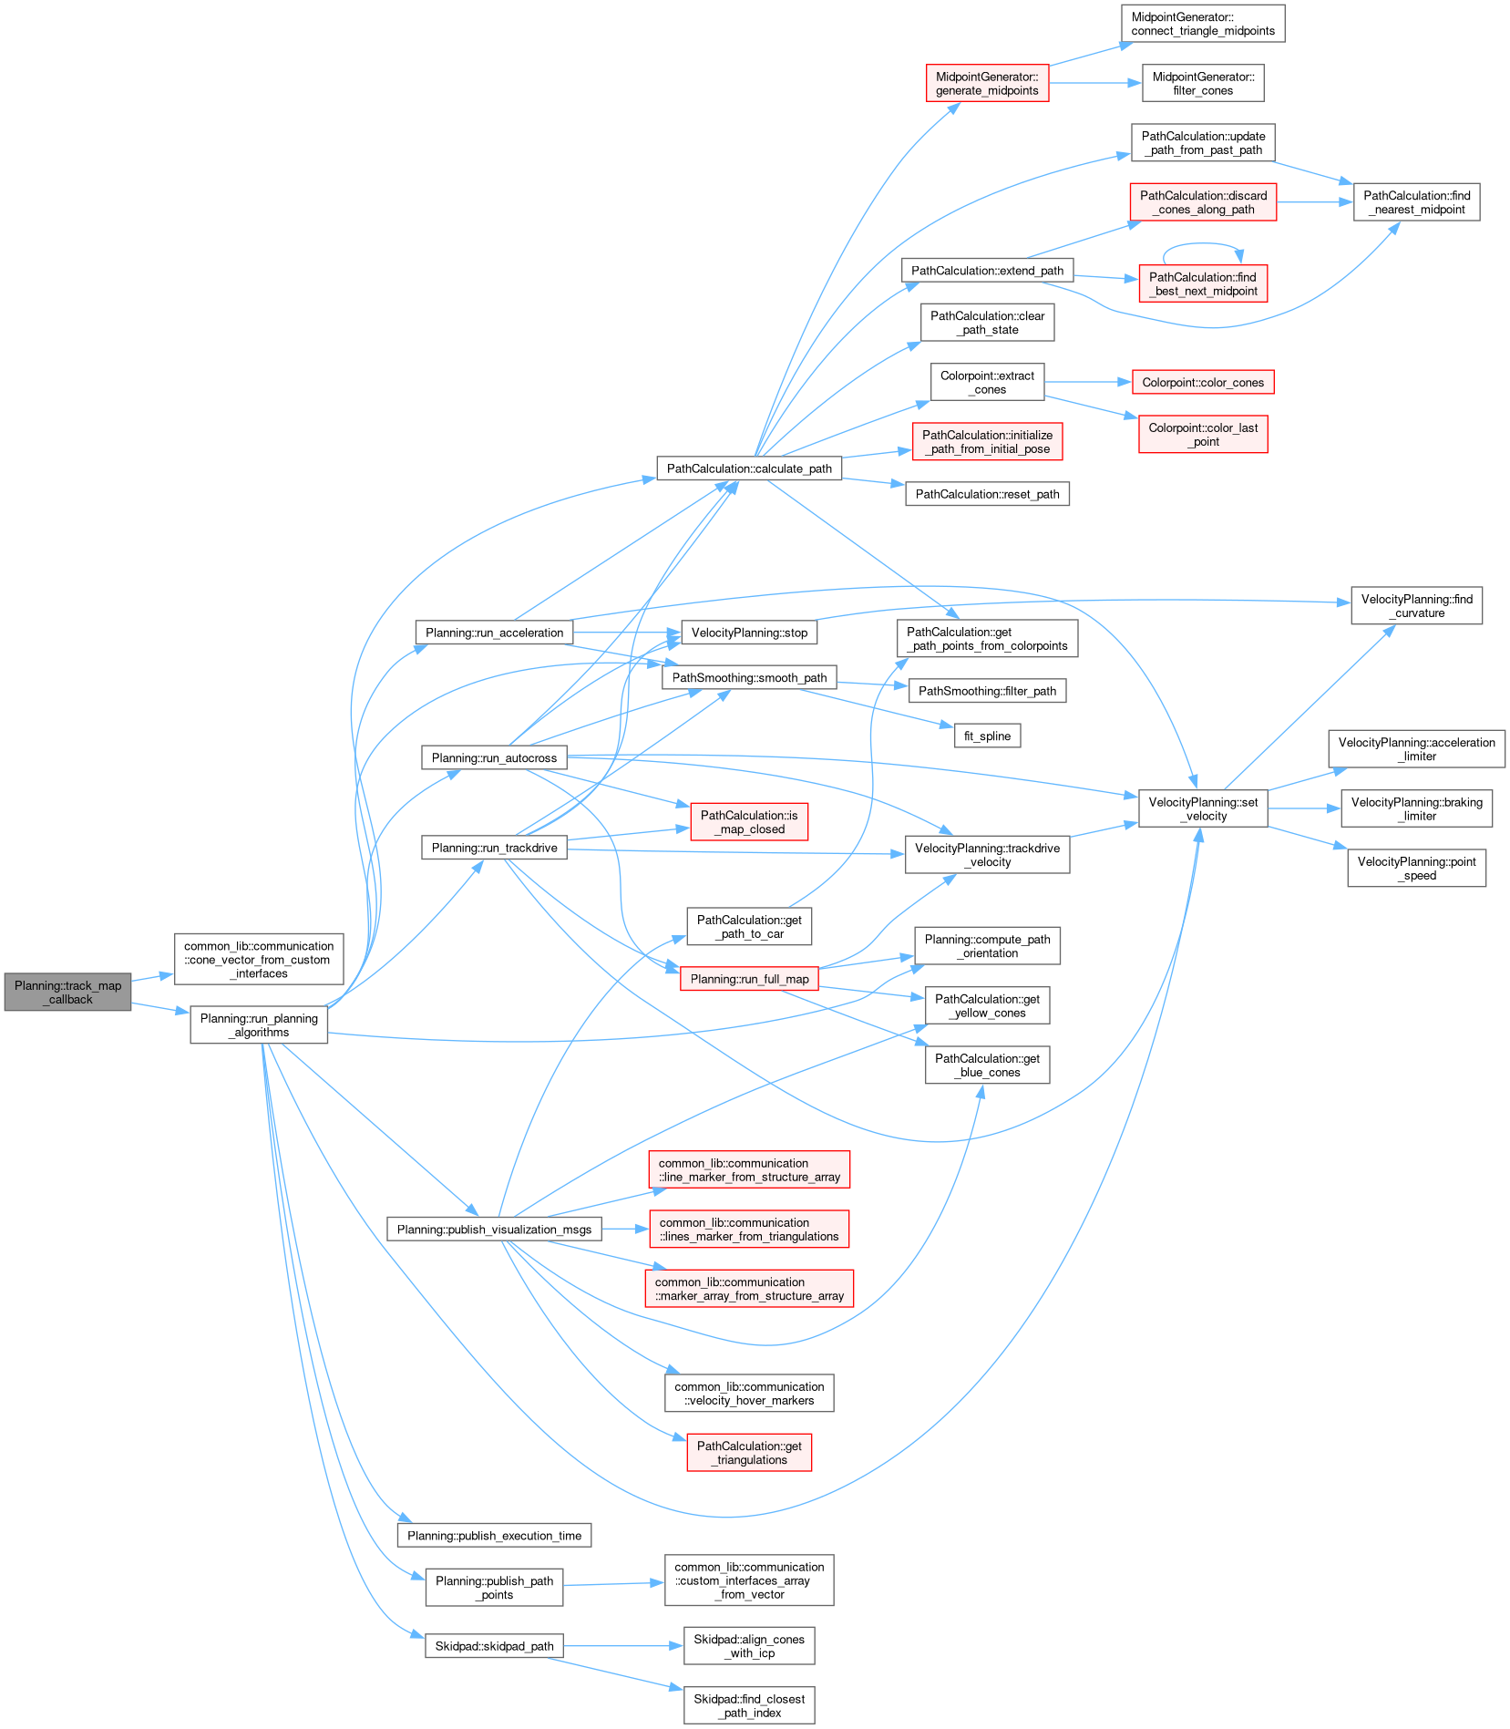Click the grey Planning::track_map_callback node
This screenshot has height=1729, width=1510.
click(x=67, y=992)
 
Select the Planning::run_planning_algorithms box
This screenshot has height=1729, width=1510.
click(x=259, y=1025)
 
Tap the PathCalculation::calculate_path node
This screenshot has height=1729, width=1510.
click(x=749, y=468)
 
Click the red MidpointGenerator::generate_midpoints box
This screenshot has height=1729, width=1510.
click(x=987, y=84)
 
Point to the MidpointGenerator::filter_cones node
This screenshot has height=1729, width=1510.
click(x=1203, y=84)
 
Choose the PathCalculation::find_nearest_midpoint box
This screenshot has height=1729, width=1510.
click(x=1416, y=202)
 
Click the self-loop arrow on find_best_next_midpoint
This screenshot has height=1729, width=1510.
click(x=1203, y=245)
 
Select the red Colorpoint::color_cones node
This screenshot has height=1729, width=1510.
click(x=1203, y=383)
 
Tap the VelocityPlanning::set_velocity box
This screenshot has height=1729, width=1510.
click(x=1203, y=808)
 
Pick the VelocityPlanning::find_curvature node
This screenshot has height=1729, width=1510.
click(x=1416, y=606)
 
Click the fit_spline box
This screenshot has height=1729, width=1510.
click(x=987, y=736)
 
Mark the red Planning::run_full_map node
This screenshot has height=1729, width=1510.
click(x=749, y=979)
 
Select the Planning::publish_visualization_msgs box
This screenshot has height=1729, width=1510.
click(x=494, y=1230)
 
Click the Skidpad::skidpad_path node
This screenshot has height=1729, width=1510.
click(x=494, y=1646)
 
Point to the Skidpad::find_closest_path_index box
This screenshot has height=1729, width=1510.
click(x=749, y=1705)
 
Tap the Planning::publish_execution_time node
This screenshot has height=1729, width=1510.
click(x=494, y=1536)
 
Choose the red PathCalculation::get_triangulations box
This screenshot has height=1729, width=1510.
click(x=749, y=1453)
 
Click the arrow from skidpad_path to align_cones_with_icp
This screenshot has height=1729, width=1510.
click(x=623, y=1646)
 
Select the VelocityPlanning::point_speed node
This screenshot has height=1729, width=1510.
click(x=1416, y=869)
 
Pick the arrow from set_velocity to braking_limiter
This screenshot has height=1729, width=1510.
click(x=1303, y=808)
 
